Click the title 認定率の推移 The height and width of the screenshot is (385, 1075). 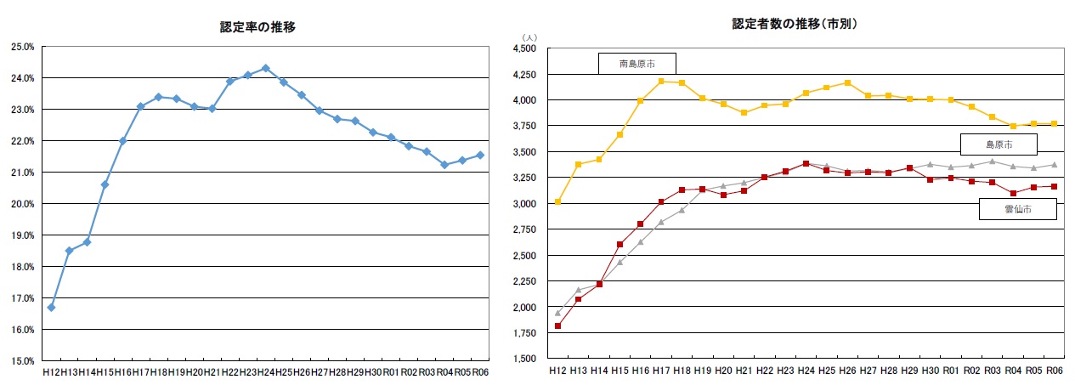pos(258,27)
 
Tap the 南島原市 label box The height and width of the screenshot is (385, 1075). pos(637,64)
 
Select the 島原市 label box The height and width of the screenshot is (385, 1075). pos(999,144)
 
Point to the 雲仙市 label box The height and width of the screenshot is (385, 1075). pos(1017,208)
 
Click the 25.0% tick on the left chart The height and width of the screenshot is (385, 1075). pos(22,47)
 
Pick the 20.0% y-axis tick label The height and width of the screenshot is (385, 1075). pos(22,204)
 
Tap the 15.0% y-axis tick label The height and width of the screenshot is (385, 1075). pos(22,361)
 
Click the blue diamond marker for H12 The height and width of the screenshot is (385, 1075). pos(51,308)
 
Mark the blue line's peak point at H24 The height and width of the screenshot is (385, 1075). pos(265,68)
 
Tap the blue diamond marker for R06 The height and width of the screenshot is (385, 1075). pos(480,155)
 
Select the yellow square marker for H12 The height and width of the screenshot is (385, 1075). pos(557,202)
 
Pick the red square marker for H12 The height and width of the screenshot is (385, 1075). pos(557,326)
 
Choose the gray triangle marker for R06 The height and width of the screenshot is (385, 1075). pos(1054,165)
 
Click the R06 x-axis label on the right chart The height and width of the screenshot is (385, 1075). pos(1054,371)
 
